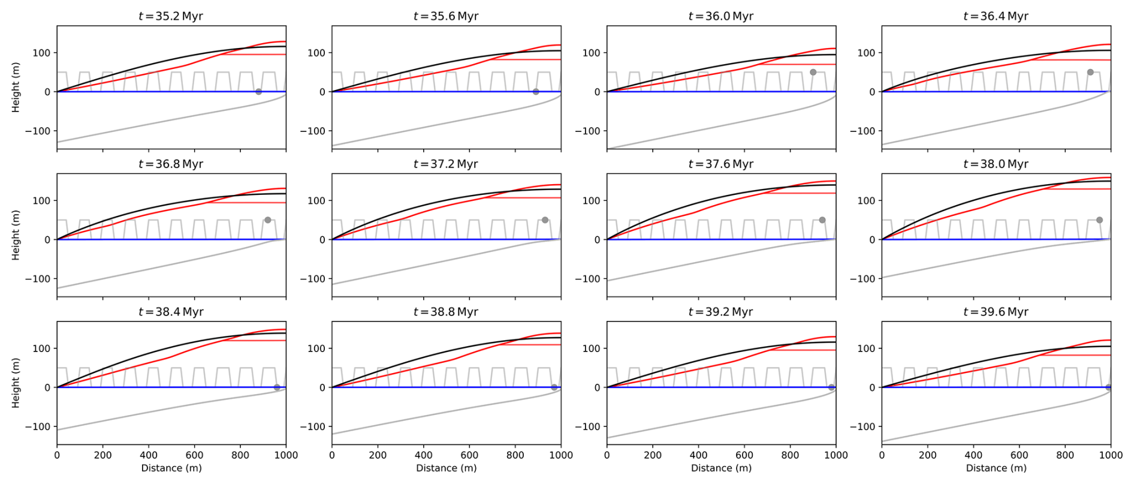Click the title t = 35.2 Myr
click(171, 16)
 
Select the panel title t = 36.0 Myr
click(720, 16)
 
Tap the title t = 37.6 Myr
click(720, 164)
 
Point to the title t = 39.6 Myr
click(996, 312)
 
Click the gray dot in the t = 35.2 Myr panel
click(258, 92)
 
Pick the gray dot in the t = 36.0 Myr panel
click(813, 72)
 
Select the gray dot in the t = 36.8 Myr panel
click(268, 220)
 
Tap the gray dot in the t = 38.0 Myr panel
click(1099, 220)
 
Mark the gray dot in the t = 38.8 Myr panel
click(554, 387)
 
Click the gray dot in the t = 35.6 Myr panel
click(536, 92)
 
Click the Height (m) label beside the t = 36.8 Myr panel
click(16, 235)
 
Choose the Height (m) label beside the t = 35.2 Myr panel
click(16, 87)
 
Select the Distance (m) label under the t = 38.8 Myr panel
click(447, 468)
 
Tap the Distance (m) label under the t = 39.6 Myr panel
click(996, 468)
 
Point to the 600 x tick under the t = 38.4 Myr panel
click(194, 455)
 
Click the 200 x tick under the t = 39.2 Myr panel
click(653, 455)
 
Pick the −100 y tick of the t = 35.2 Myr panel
click(37, 131)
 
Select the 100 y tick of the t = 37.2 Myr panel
click(316, 200)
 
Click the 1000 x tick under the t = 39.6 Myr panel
click(1110, 455)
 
